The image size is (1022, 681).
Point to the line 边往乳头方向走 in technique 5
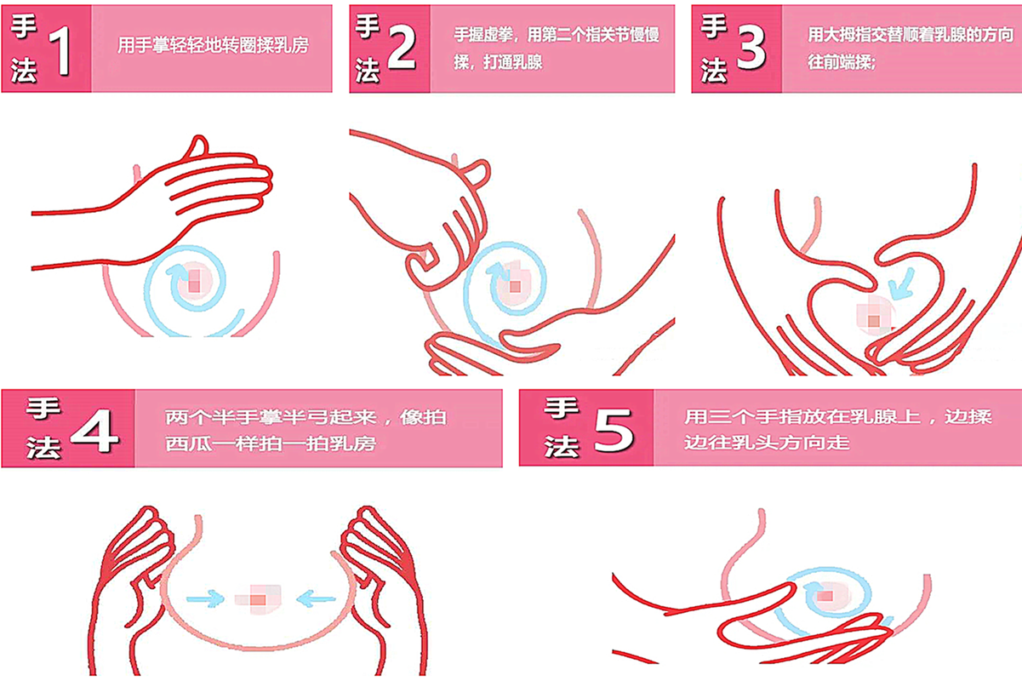pyautogui.click(x=767, y=444)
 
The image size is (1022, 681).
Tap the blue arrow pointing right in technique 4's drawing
pyautogui.click(x=203, y=599)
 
